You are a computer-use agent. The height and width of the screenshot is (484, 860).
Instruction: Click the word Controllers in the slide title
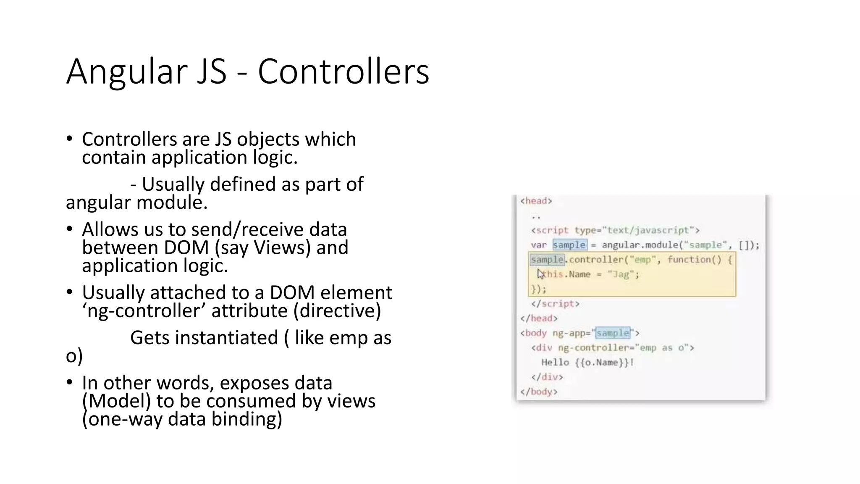pos(343,71)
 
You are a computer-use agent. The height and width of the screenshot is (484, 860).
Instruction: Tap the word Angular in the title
pos(126,71)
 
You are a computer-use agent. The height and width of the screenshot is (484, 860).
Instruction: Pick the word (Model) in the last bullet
pos(116,401)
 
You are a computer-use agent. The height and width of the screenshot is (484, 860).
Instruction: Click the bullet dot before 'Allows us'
pos(70,229)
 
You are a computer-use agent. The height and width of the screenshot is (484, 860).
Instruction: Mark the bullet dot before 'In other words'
pos(70,382)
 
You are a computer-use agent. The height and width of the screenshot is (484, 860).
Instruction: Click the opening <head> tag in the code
pos(536,201)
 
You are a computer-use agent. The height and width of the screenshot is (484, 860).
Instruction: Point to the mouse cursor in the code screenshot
pos(540,274)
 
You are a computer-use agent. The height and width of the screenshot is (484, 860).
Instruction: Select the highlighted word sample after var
pos(569,245)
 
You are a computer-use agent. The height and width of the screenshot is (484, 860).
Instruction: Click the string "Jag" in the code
pos(621,274)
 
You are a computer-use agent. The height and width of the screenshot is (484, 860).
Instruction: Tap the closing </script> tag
pos(555,304)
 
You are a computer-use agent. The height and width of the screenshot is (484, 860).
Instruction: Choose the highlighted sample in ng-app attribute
pos(613,333)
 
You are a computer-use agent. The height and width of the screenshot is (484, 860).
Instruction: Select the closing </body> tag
pos(539,392)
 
